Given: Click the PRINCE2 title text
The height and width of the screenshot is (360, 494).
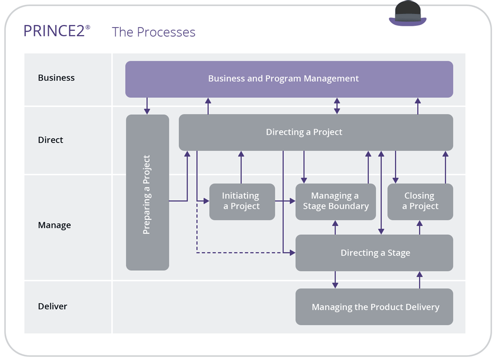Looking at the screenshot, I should click(x=54, y=31).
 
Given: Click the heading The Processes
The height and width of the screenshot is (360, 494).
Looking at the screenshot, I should click(x=153, y=32).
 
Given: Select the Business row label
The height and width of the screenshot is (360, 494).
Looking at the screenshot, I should click(x=56, y=78).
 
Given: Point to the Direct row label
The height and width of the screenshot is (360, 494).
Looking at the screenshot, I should click(x=50, y=140).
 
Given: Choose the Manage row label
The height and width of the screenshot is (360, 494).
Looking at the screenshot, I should click(x=54, y=225).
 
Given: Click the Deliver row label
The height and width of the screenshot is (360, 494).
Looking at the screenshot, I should click(x=52, y=306).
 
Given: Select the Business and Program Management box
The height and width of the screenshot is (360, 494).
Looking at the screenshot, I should click(x=289, y=79).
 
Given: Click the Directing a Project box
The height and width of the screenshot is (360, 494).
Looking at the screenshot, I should click(x=316, y=132).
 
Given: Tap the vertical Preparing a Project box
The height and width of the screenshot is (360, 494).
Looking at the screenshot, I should click(x=147, y=192).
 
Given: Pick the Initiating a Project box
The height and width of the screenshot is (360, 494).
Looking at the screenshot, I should click(x=242, y=202).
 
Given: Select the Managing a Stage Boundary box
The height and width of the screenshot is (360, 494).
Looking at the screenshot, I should click(x=335, y=202).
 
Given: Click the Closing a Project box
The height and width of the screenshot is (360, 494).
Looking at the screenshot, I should click(x=420, y=202).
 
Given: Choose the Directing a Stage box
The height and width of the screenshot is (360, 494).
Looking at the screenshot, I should click(x=374, y=253).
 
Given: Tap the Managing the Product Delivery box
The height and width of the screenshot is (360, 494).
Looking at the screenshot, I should click(x=374, y=307).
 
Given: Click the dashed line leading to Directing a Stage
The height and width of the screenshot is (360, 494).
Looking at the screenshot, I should click(x=240, y=252).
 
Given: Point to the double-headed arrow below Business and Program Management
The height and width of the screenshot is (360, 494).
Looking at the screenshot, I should click(x=337, y=106).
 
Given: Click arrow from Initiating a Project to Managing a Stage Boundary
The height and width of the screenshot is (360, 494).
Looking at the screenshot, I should click(x=285, y=202).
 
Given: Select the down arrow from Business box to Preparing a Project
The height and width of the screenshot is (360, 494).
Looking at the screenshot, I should click(x=147, y=106).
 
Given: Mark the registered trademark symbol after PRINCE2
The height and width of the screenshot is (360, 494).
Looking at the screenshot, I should click(x=88, y=27).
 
